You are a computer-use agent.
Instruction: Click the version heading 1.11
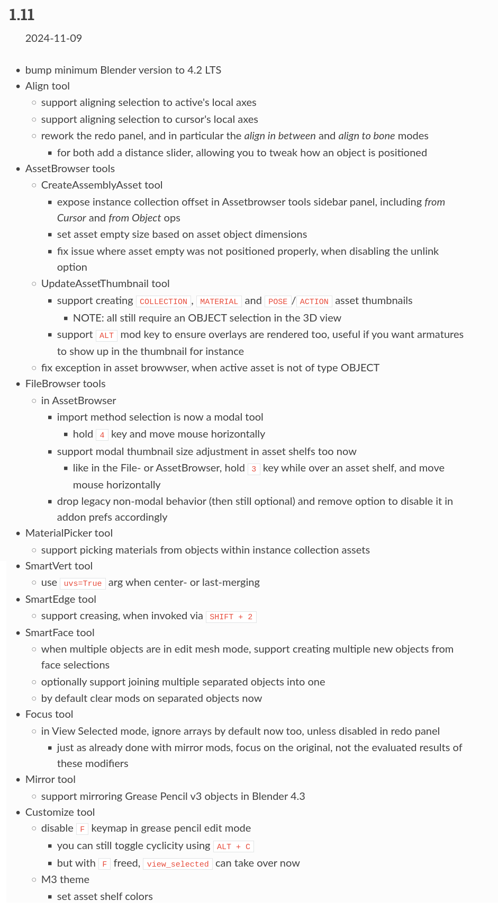click(x=22, y=15)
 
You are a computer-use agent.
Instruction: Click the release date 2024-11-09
click(x=53, y=38)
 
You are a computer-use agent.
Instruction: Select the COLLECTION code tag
click(x=164, y=301)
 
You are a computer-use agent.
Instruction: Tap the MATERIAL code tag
click(x=219, y=301)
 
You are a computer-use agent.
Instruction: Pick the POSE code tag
click(x=277, y=301)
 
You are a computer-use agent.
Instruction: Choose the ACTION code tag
click(x=314, y=301)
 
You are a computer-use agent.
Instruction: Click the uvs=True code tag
click(x=83, y=583)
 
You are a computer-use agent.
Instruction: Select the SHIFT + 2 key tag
click(x=231, y=617)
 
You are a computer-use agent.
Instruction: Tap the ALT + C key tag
click(x=233, y=846)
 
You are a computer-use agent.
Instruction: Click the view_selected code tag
click(x=178, y=864)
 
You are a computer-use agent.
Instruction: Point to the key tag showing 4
click(x=102, y=435)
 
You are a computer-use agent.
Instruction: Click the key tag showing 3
click(x=254, y=469)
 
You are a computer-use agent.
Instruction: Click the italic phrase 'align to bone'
click(x=366, y=136)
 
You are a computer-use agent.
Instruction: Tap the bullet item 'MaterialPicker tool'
click(x=69, y=533)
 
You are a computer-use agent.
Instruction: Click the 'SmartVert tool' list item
click(x=59, y=566)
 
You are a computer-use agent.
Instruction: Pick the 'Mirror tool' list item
click(x=50, y=779)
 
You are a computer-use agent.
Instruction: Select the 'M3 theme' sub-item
click(x=65, y=879)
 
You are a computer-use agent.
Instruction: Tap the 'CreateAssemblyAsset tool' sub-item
click(x=102, y=185)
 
